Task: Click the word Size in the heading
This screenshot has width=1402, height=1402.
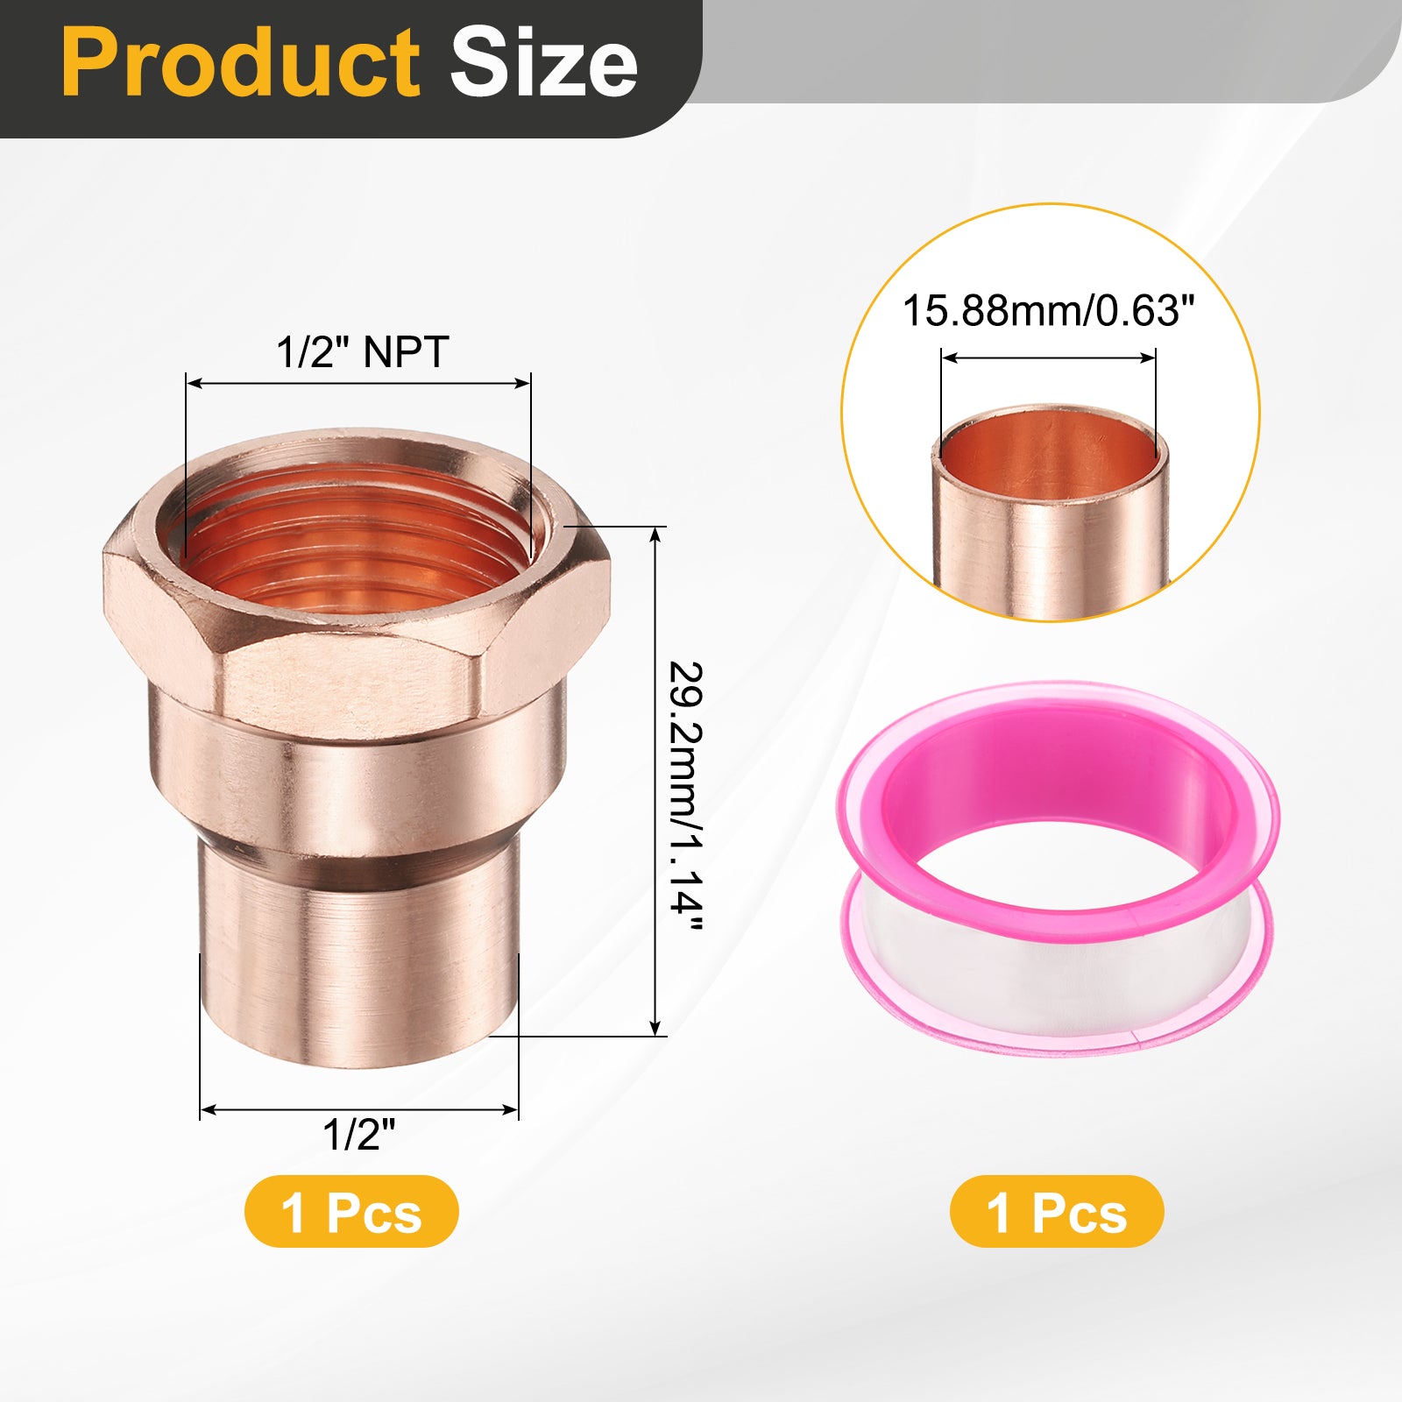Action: click(543, 62)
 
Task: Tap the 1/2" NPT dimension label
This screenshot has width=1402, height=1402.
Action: click(362, 352)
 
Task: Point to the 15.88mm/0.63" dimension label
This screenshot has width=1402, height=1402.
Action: click(1049, 311)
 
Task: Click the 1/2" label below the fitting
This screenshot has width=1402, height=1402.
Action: click(359, 1135)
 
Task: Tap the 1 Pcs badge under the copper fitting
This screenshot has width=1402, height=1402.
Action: click(351, 1212)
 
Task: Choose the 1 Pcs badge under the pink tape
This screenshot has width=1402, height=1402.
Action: click(1057, 1212)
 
